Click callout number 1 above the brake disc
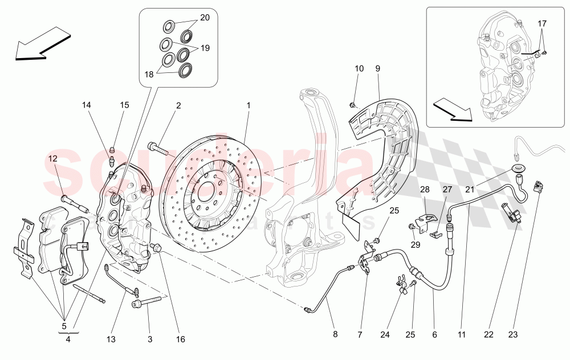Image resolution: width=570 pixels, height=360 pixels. [249, 105]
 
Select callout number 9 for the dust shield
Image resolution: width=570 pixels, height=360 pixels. [377, 69]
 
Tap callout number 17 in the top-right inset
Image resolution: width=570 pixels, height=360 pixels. [541, 24]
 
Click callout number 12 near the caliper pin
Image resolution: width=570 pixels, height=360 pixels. [52, 158]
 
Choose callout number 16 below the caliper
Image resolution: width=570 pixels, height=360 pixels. [181, 340]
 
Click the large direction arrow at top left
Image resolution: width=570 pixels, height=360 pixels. [43, 46]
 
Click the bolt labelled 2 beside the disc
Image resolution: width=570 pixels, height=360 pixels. [160, 149]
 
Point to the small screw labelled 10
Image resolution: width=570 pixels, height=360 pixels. [352, 105]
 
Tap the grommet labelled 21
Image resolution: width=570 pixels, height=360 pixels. [518, 170]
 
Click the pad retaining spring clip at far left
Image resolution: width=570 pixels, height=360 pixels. [23, 248]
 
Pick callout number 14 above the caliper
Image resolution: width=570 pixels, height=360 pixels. [86, 105]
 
